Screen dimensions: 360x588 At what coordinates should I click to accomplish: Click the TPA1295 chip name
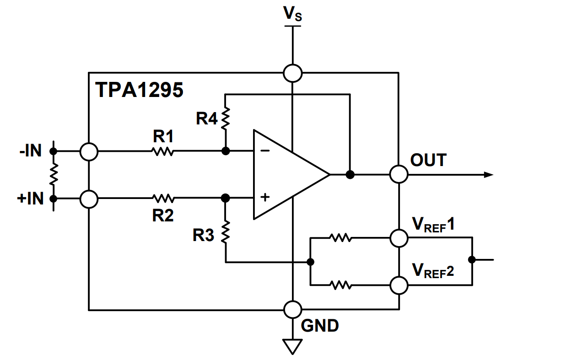point(139,90)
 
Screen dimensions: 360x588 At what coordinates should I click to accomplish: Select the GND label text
point(320,326)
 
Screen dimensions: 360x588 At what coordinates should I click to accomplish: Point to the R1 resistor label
point(164,136)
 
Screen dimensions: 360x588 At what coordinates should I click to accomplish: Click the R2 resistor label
point(163,215)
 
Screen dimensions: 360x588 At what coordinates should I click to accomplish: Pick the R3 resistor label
point(203,236)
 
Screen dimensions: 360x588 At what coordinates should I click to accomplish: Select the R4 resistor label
point(207,119)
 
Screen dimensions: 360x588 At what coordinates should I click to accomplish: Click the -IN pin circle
point(88,151)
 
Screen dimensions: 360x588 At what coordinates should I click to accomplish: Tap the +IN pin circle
point(88,199)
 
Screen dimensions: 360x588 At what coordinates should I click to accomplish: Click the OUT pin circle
point(399,174)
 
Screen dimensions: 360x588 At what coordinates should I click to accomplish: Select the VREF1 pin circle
point(399,238)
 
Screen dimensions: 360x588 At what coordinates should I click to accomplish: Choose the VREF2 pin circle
point(399,285)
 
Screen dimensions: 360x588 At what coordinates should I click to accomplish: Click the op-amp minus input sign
point(265,151)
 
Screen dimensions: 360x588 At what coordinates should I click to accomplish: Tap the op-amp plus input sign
point(265,198)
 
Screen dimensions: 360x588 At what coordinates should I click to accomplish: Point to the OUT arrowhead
point(488,174)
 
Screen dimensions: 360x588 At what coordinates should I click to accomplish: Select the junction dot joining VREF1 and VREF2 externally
point(472,260)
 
